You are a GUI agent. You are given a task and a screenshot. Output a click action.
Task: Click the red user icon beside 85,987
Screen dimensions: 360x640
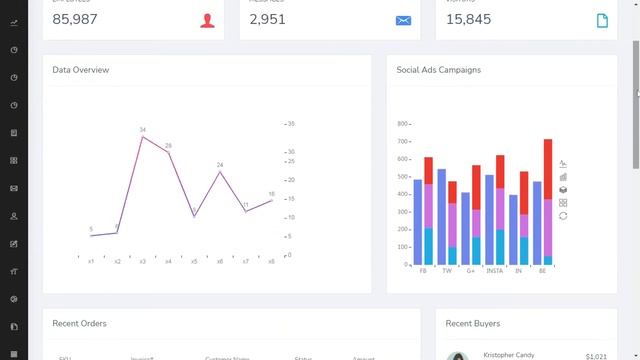point(207,20)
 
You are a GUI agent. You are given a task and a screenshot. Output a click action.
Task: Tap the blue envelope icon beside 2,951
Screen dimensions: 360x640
point(403,20)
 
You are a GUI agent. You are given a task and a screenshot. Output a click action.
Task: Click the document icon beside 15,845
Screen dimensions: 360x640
point(602,20)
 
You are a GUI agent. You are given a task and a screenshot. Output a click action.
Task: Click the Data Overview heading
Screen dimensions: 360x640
point(81,70)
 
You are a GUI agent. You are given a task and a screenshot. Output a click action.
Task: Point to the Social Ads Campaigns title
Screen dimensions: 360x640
point(438,70)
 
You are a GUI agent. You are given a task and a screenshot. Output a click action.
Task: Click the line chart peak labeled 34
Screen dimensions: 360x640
point(143,136)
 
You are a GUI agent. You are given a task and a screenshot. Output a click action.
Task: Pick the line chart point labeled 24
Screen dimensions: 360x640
point(220,171)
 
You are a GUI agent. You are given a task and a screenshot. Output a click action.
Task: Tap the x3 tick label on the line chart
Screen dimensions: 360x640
point(143,262)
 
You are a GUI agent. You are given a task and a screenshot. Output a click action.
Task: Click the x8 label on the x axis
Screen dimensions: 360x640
point(271,262)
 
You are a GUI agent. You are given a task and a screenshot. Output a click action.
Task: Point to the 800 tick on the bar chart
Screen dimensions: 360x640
point(402,124)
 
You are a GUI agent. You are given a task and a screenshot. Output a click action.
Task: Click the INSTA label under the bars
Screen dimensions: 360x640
point(494,271)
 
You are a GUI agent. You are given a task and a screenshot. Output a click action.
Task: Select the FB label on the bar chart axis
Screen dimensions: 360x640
point(423,271)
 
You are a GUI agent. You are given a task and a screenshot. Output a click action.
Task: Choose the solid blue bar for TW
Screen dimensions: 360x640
point(441,216)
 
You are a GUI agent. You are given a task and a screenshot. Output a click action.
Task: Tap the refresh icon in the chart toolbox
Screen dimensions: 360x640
point(563,215)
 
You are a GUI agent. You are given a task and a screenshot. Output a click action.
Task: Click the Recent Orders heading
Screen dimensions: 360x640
point(79,323)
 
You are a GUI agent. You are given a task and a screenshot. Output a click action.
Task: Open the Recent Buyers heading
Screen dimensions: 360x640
point(473,323)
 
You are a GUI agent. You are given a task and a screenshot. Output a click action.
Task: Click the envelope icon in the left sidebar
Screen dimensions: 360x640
point(14,188)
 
